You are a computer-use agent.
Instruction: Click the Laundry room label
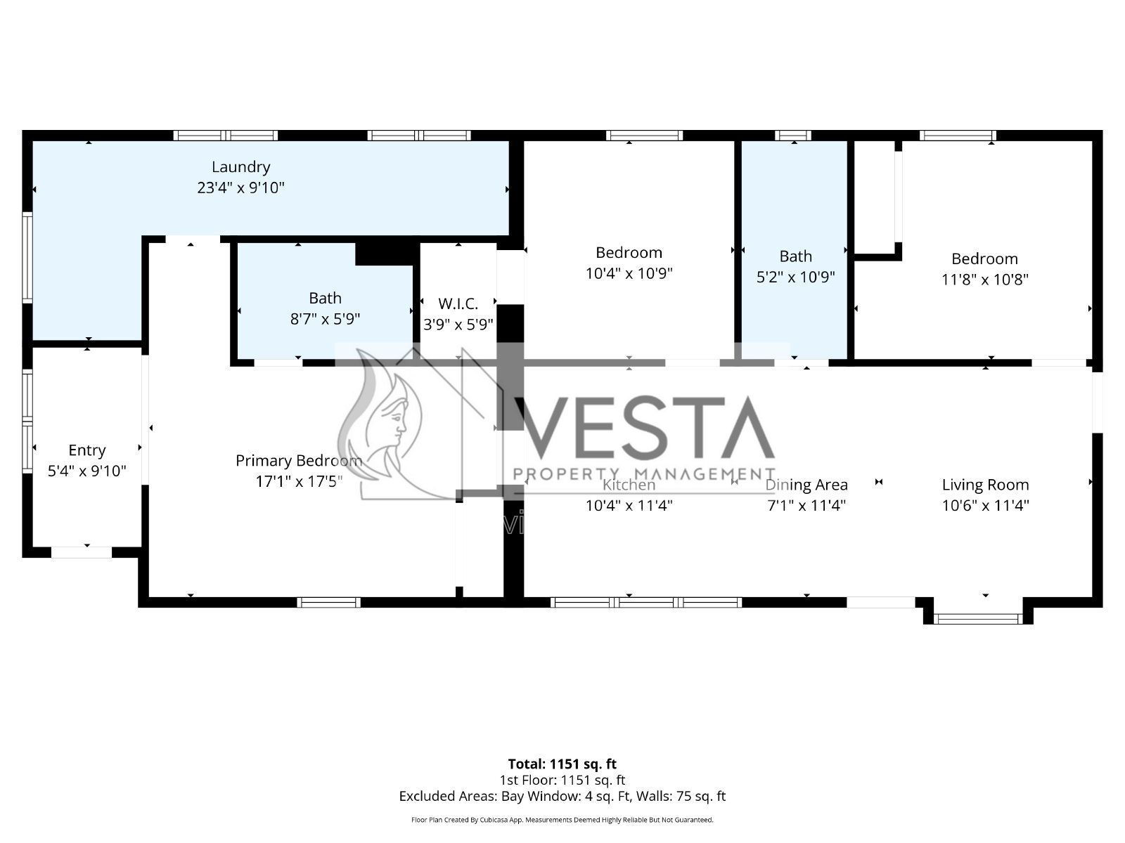coord(240,167)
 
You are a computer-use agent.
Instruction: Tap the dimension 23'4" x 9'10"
coord(240,188)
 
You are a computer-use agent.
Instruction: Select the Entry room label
coord(86,450)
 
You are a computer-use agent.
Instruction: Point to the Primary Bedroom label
coord(299,461)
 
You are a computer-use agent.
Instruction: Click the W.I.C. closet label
coord(458,304)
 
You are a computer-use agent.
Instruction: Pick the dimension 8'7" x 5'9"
coord(325,320)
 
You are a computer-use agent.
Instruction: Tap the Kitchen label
coord(629,485)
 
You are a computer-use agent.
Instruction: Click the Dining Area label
coord(806,485)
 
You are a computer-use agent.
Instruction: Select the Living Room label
coord(985,485)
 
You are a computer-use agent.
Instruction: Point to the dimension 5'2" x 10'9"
coord(795,277)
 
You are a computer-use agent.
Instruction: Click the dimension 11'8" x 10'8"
coord(984,280)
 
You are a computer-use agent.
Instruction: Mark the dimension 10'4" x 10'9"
coord(629,273)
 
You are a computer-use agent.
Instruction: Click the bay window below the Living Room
coord(977,619)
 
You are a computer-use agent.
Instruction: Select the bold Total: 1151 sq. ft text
coord(562,764)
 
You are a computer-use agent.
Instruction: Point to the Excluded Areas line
coord(562,796)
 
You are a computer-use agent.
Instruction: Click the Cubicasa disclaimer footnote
coord(562,820)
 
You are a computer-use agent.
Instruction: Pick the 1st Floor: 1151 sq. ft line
coord(562,780)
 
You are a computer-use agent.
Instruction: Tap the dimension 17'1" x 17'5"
coord(299,482)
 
